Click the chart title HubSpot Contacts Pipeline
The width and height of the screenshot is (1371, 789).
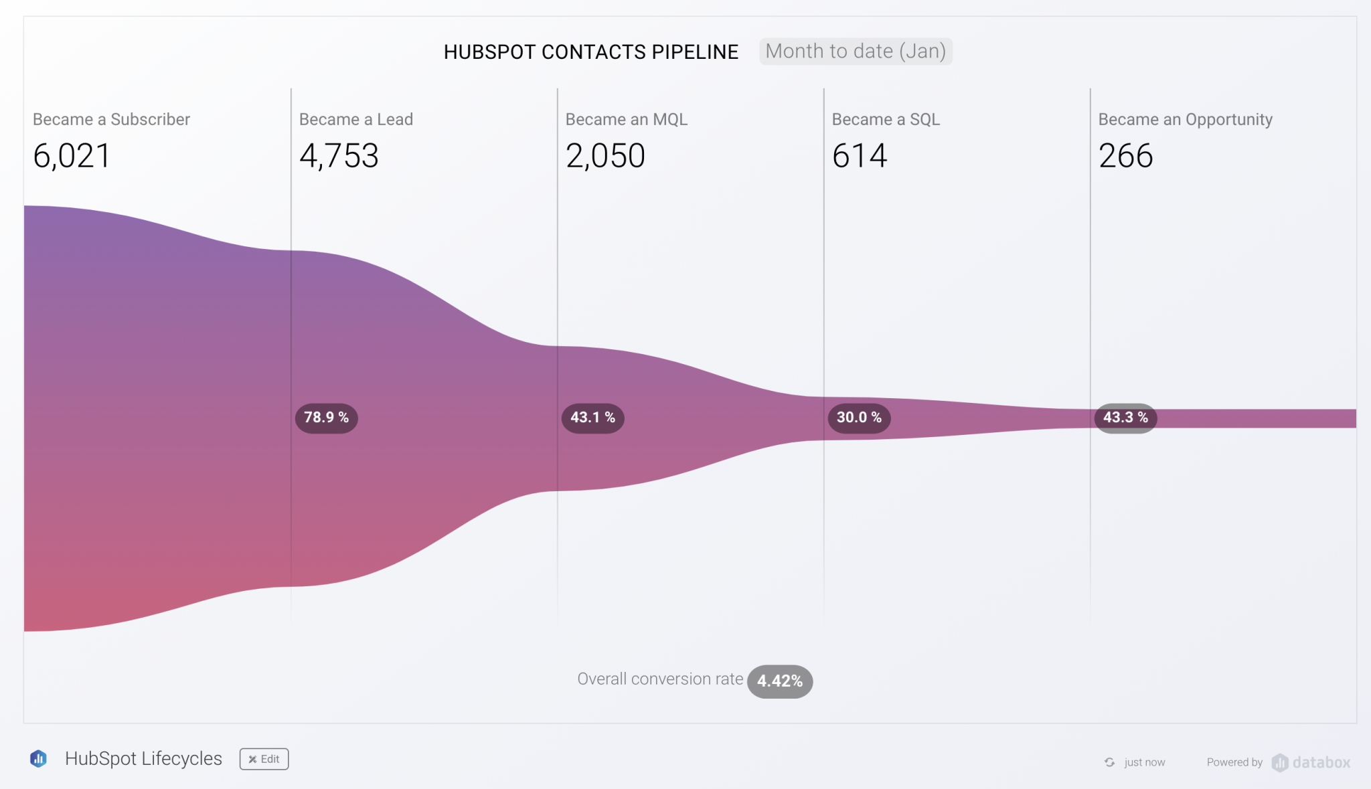coord(590,52)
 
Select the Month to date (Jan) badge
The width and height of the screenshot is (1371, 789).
coord(855,51)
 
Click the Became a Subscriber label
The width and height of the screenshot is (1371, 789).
coord(111,119)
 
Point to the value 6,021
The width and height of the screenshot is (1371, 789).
coord(72,156)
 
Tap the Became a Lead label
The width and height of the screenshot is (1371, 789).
coord(355,119)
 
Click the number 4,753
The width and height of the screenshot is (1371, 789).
coord(339,156)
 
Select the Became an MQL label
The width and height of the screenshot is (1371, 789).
coord(626,119)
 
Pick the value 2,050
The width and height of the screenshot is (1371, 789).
coord(605,156)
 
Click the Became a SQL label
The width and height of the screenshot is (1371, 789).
coord(886,119)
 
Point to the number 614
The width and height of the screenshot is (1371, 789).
coord(859,156)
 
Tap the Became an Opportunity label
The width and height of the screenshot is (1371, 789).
coord(1185,119)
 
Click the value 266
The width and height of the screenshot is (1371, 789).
coord(1125,156)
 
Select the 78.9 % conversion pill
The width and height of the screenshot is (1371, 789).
coord(326,418)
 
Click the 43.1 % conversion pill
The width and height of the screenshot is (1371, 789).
coord(592,418)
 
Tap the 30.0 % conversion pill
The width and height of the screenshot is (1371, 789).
coord(859,418)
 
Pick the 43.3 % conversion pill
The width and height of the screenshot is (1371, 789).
coord(1125,418)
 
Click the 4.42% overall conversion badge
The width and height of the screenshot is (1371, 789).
coord(779,681)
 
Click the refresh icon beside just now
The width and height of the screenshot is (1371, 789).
coord(1109,762)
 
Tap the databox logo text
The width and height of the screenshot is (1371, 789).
coord(1320,762)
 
